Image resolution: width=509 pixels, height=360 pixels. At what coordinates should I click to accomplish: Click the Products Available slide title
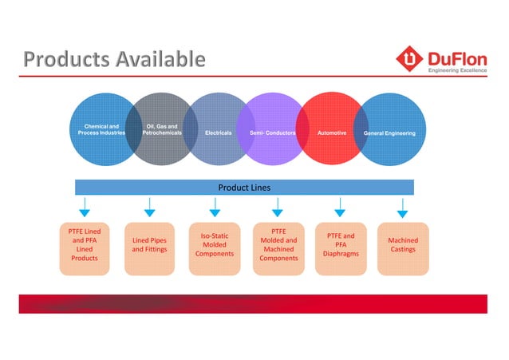click(x=114, y=59)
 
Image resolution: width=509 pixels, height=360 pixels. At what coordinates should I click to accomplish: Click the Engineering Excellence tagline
click(x=458, y=70)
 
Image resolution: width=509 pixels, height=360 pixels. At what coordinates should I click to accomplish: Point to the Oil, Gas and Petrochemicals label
click(x=161, y=129)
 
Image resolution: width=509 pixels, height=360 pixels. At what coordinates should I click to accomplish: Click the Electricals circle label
click(x=218, y=133)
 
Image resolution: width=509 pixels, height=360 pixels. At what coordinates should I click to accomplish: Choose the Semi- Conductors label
click(x=273, y=133)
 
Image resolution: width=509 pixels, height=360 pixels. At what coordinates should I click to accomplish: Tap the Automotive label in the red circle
click(x=332, y=133)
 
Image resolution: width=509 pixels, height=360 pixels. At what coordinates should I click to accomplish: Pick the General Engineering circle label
click(x=389, y=133)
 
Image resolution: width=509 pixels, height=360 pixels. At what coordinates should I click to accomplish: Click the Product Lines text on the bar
click(x=244, y=188)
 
